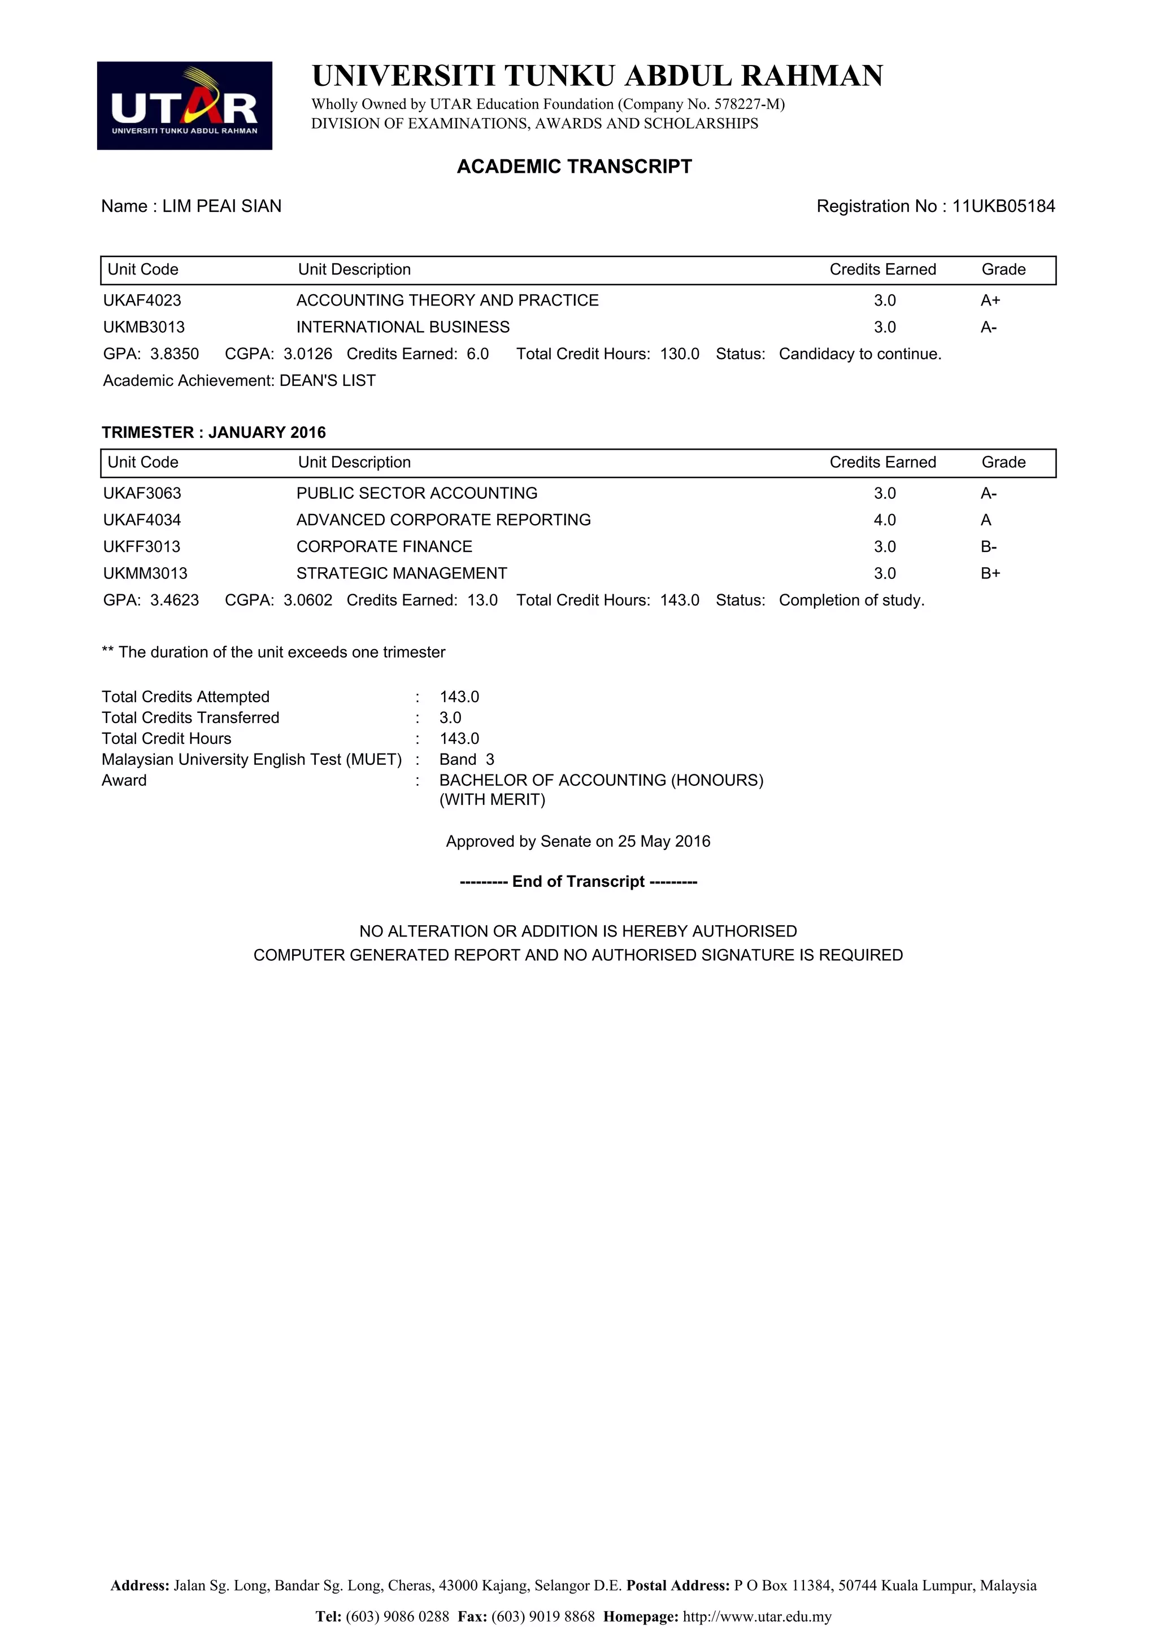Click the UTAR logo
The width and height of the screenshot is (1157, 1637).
184,106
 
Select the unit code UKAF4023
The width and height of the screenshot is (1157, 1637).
142,300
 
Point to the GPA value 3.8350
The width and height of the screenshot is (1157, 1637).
174,354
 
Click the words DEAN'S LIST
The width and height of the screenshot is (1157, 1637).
327,381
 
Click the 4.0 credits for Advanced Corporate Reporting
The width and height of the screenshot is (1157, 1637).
884,520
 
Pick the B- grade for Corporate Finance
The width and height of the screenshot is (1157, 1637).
988,547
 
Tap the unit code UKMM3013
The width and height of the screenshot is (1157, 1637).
145,573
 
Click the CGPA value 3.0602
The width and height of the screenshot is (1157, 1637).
307,600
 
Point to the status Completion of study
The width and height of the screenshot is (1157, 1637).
851,600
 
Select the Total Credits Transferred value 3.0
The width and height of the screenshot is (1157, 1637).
450,717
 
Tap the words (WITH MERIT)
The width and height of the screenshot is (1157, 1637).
492,799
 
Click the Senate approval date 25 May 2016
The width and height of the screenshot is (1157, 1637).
664,841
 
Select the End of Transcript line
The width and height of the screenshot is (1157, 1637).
578,881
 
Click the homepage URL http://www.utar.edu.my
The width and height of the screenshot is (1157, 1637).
757,1616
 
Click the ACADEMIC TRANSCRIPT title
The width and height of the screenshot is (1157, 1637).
574,166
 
